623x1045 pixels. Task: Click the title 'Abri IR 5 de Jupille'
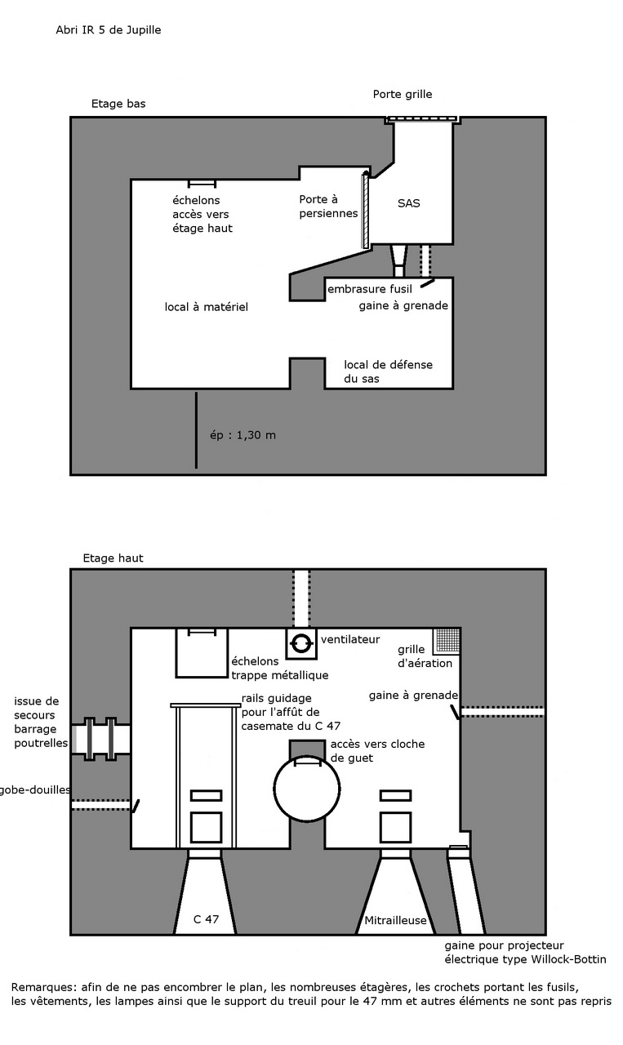pos(109,30)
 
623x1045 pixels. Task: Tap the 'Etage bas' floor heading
pos(118,104)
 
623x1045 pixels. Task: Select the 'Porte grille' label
pos(403,95)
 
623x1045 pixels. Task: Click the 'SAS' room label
pos(409,203)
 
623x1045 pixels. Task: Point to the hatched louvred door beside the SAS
pos(366,210)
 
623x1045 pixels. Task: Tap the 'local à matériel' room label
pos(207,307)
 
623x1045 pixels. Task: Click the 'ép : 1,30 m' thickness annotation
pos(243,435)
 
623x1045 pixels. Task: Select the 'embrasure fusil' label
pos(370,289)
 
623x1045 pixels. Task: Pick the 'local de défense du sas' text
pos(389,371)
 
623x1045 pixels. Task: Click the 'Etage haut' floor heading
pos(113,558)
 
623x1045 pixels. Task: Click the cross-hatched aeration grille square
pos(447,641)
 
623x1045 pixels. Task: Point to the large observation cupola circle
pos(306,789)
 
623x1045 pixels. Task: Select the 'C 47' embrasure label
pos(206,919)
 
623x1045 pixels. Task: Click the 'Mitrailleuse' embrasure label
pos(395,920)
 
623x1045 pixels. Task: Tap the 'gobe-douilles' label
pos(35,789)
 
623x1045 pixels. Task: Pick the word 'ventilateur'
pos(350,639)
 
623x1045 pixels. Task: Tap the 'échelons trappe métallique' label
pos(280,668)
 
